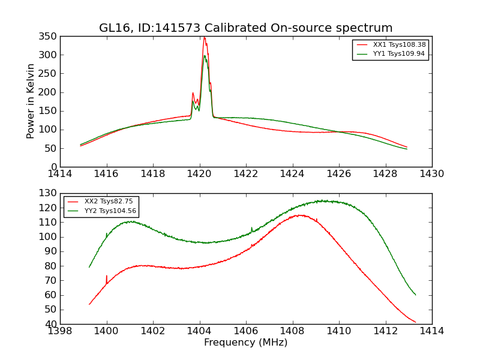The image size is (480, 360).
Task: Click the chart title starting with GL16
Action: click(x=246, y=28)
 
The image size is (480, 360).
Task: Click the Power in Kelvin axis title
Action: click(x=31, y=101)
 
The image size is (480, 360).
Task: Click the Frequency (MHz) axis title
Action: click(x=246, y=343)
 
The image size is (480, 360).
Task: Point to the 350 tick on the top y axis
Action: click(x=49, y=36)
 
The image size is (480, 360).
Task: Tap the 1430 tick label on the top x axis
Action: click(x=431, y=173)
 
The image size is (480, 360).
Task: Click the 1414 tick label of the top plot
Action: click(x=60, y=173)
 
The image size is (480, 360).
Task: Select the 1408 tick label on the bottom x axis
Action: click(x=292, y=331)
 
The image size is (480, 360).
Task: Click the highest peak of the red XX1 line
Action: click(x=204, y=37)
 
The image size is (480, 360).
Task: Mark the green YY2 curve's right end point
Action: click(x=415, y=295)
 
